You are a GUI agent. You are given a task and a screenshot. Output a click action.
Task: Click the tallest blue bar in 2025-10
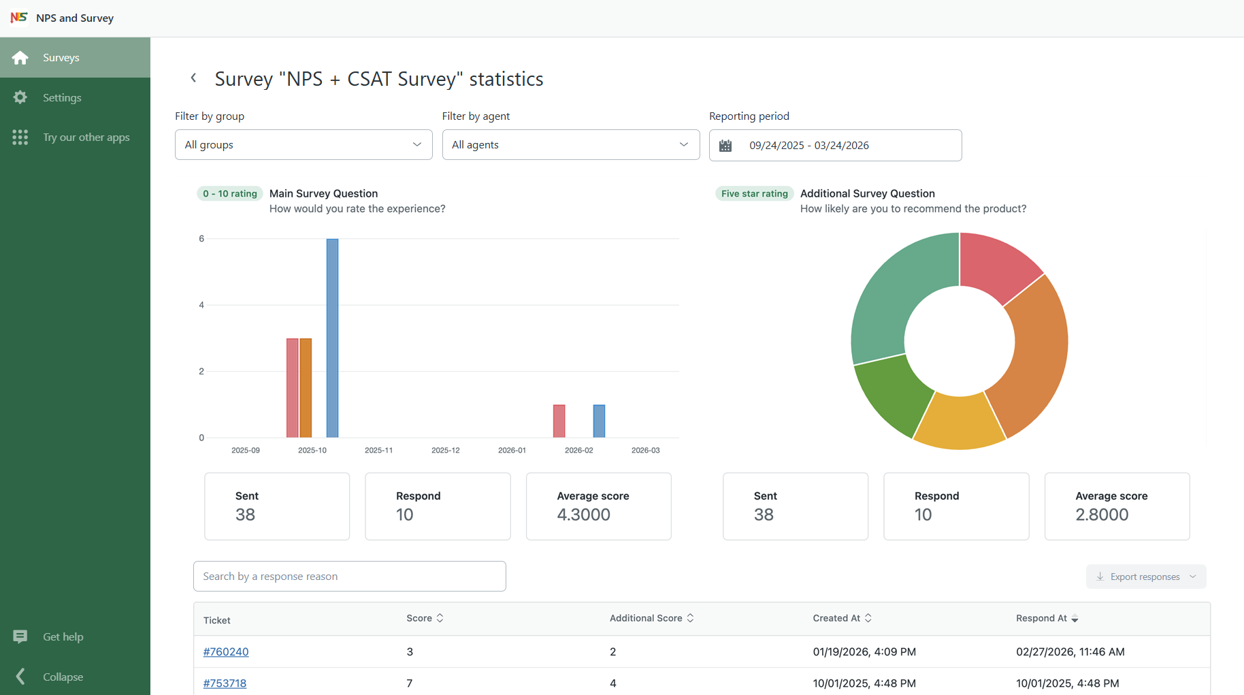pos(332,338)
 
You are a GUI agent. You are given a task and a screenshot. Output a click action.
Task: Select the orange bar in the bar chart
pos(306,387)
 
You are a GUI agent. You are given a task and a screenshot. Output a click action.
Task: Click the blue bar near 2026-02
pos(599,421)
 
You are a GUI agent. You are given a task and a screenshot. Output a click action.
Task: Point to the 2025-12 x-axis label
pos(445,450)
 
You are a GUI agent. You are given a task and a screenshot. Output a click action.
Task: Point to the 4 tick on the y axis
pos(201,305)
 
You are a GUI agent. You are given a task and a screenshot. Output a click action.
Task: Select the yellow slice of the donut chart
pos(959,422)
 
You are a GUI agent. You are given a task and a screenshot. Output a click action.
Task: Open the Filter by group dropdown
pos(304,145)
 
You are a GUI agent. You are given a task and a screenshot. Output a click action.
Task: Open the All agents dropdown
pos(570,145)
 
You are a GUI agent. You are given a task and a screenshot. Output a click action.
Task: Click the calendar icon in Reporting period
pos(725,146)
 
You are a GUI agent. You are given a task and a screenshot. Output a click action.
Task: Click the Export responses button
pos(1145,577)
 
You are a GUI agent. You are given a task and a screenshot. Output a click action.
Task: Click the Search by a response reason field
pos(349,577)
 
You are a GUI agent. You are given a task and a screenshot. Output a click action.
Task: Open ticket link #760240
pos(226,651)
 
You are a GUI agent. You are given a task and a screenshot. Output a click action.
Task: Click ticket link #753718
pos(225,683)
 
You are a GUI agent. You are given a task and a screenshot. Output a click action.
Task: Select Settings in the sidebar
pos(62,97)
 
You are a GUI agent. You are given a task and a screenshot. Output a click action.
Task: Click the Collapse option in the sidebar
pos(63,677)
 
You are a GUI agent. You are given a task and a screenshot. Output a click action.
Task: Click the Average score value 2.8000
pos(1102,515)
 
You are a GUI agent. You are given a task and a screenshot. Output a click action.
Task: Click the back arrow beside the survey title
pos(193,78)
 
